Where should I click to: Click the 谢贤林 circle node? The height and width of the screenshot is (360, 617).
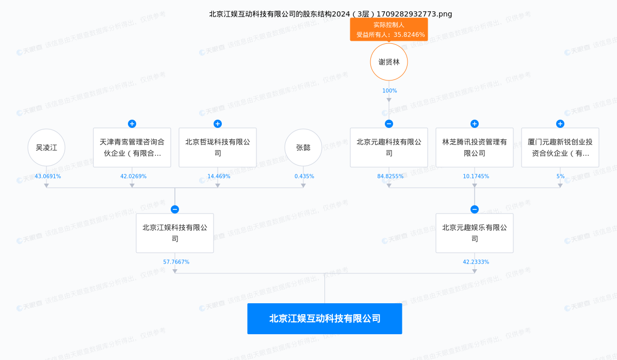(x=389, y=62)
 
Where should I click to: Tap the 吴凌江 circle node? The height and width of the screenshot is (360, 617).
(x=46, y=148)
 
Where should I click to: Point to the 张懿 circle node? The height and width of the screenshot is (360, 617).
(x=303, y=148)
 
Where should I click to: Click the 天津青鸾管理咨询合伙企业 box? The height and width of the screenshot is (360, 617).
(x=132, y=148)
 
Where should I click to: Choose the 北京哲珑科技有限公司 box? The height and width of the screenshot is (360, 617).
(x=218, y=148)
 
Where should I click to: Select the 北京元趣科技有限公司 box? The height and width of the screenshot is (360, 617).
(x=389, y=148)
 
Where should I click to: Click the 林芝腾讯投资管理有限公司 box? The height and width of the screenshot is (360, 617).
(x=475, y=148)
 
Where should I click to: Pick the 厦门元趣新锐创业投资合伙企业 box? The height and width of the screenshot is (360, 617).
(x=560, y=148)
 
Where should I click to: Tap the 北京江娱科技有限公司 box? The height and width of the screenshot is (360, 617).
(x=175, y=233)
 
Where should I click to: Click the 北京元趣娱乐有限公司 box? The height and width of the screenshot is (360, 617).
(x=475, y=233)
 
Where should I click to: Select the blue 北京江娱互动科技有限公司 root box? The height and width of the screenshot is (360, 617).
(x=324, y=319)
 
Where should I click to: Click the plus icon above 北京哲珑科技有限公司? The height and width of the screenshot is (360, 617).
(x=218, y=124)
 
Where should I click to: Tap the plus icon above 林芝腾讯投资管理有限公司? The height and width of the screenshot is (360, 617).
(x=475, y=124)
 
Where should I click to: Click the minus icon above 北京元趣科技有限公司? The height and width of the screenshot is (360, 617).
(x=389, y=124)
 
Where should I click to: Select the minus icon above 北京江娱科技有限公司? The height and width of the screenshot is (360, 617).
(x=175, y=209)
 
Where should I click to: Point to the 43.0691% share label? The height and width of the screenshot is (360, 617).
(x=48, y=176)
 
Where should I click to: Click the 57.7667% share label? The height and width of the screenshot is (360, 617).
(x=176, y=262)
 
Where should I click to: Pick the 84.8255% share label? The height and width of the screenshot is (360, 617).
(x=391, y=176)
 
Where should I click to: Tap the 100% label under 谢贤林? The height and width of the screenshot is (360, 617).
(x=389, y=91)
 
